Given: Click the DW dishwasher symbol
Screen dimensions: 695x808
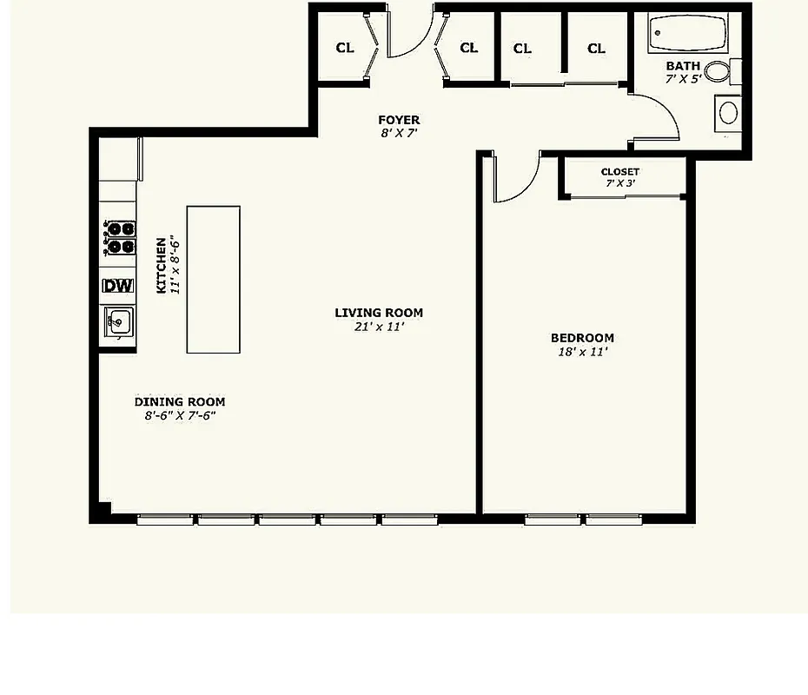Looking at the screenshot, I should click(x=118, y=286).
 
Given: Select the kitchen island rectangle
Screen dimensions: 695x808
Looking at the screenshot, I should click(x=214, y=280).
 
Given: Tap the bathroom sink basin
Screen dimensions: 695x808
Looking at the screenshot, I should click(x=728, y=113).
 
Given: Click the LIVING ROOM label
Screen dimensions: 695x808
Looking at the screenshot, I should click(x=379, y=313).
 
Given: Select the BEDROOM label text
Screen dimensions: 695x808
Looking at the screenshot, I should click(x=582, y=338).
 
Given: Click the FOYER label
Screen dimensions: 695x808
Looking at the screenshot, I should click(x=399, y=120).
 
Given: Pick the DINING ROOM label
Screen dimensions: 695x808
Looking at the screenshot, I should click(x=180, y=401).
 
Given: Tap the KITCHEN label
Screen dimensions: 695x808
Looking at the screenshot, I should click(x=161, y=266).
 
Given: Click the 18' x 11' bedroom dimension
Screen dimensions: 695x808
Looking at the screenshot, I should click(x=582, y=353).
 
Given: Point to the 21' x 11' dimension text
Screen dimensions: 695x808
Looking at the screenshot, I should click(x=379, y=328).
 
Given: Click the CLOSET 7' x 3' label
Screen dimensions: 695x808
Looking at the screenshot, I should click(x=620, y=177).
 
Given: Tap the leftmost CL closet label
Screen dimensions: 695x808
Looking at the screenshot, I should click(x=345, y=48).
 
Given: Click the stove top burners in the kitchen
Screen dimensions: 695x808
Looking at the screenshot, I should click(x=120, y=238).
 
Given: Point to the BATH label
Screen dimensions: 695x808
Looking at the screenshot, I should click(x=683, y=66).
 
